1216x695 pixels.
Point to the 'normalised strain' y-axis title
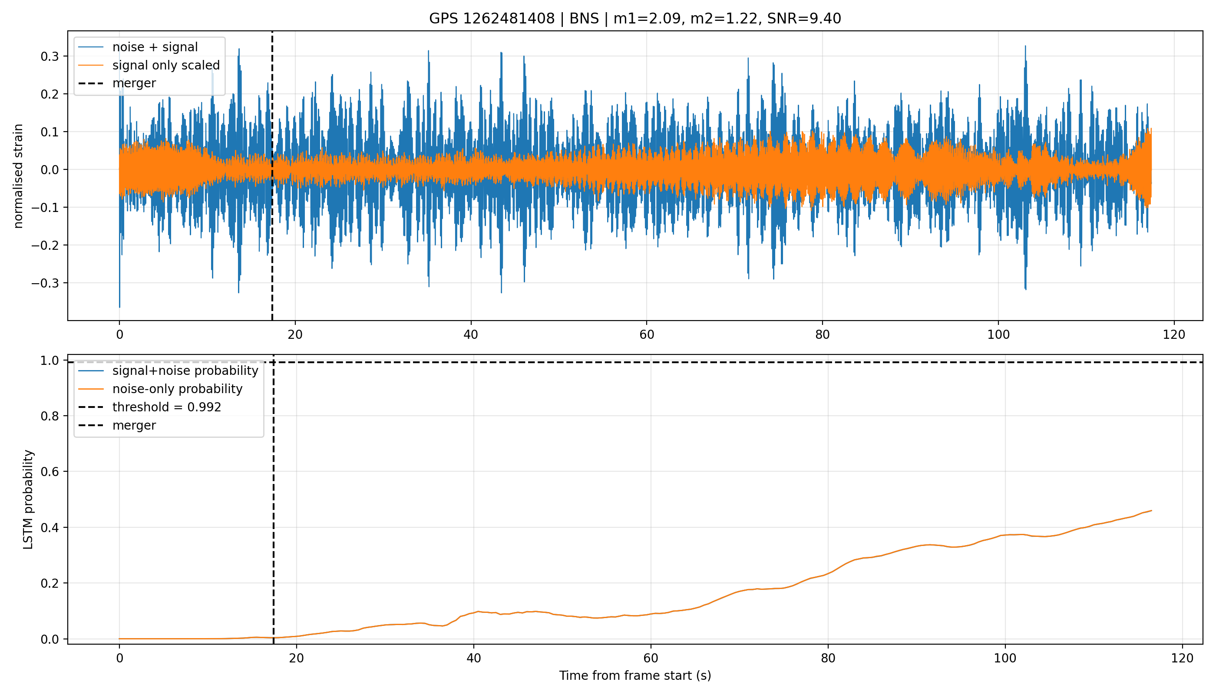coord(18,176)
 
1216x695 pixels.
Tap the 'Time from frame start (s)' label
coord(635,675)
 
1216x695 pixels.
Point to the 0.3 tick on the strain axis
coord(50,56)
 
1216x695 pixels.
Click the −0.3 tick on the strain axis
coord(45,283)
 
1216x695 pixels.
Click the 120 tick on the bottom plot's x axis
coord(1183,658)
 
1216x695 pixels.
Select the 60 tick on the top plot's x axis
coord(647,334)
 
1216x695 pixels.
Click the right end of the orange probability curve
coord(1152,511)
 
